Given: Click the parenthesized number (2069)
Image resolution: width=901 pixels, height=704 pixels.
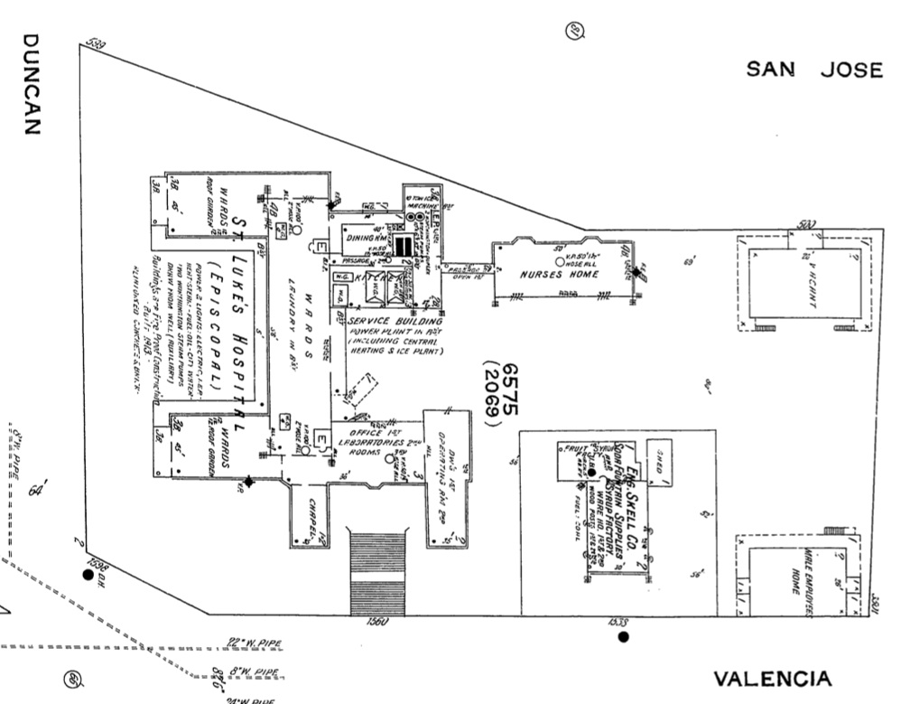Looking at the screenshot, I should tap(492, 396).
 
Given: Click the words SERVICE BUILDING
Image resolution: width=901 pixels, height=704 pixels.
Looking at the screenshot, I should tap(395, 322).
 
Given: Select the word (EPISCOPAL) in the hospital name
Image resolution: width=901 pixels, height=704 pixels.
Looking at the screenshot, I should tap(216, 331).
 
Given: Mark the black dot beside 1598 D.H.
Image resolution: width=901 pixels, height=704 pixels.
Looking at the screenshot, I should tap(88, 574).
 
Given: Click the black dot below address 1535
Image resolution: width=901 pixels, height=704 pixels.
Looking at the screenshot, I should tap(623, 637).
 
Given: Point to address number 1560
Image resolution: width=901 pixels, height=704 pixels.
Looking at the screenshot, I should tap(377, 623).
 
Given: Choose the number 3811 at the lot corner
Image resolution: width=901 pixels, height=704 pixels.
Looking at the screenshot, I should tap(875, 597).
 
